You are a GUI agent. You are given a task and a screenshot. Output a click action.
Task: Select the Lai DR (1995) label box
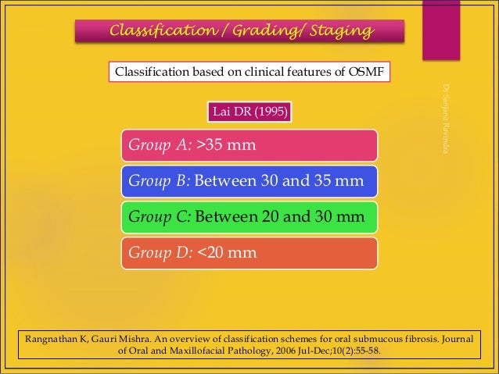click(249, 112)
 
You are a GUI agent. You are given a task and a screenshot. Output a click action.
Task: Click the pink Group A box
click(249, 145)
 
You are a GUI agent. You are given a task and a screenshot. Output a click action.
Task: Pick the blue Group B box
click(249, 181)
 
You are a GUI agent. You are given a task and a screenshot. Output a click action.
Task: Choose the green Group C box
click(249, 217)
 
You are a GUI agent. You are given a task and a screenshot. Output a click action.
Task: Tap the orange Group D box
click(249, 253)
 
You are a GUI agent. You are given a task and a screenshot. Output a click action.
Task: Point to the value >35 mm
click(226, 145)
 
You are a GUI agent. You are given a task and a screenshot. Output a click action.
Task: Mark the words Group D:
click(160, 253)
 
